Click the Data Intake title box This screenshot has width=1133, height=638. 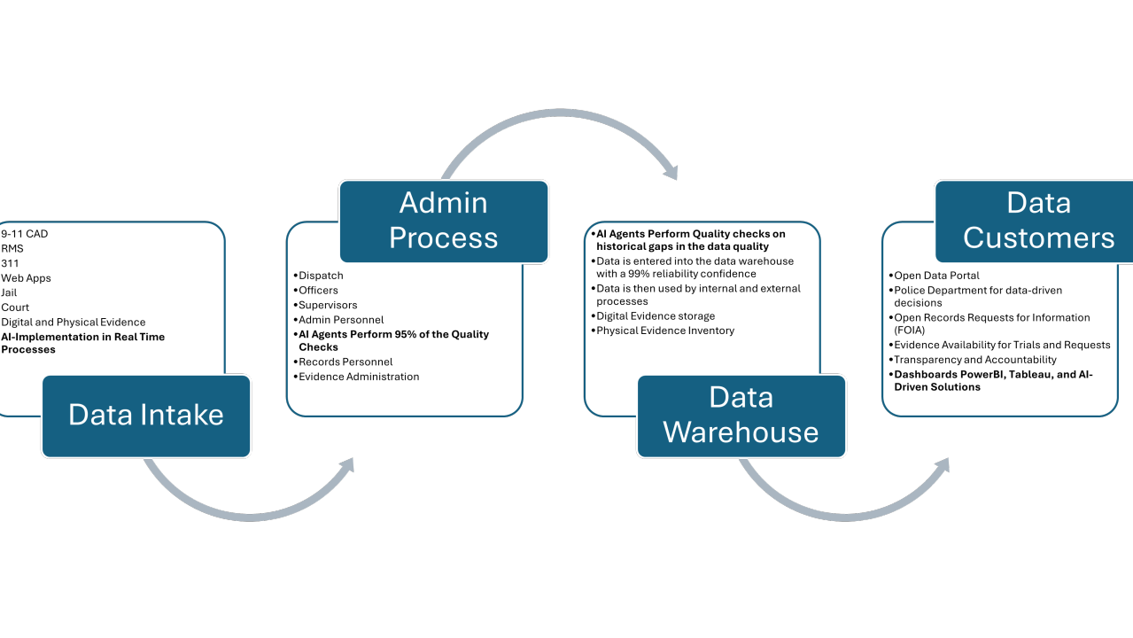pyautogui.click(x=146, y=416)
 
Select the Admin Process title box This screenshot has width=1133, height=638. pyautogui.click(x=444, y=222)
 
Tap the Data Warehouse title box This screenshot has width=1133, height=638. pyautogui.click(x=741, y=416)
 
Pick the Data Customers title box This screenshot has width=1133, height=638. pyautogui.click(x=1035, y=222)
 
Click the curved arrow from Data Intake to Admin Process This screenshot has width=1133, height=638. pyautogui.click(x=251, y=517)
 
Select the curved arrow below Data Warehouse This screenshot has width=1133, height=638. pyautogui.click(x=845, y=517)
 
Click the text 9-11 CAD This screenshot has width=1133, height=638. pyautogui.click(x=24, y=234)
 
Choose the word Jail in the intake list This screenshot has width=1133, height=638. pyautogui.click(x=9, y=292)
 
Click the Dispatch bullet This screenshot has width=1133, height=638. pyautogui.click(x=318, y=276)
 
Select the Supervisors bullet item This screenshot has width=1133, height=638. pyautogui.click(x=325, y=305)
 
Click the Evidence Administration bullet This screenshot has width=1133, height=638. pyautogui.click(x=356, y=377)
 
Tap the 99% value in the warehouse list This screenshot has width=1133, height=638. pyautogui.click(x=640, y=274)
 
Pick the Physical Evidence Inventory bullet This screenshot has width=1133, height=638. pyautogui.click(x=663, y=331)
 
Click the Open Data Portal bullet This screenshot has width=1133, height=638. pyautogui.click(x=934, y=276)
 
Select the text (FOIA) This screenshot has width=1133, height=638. pyautogui.click(x=910, y=331)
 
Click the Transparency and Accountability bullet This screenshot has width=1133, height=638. pyautogui.click(x=973, y=360)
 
